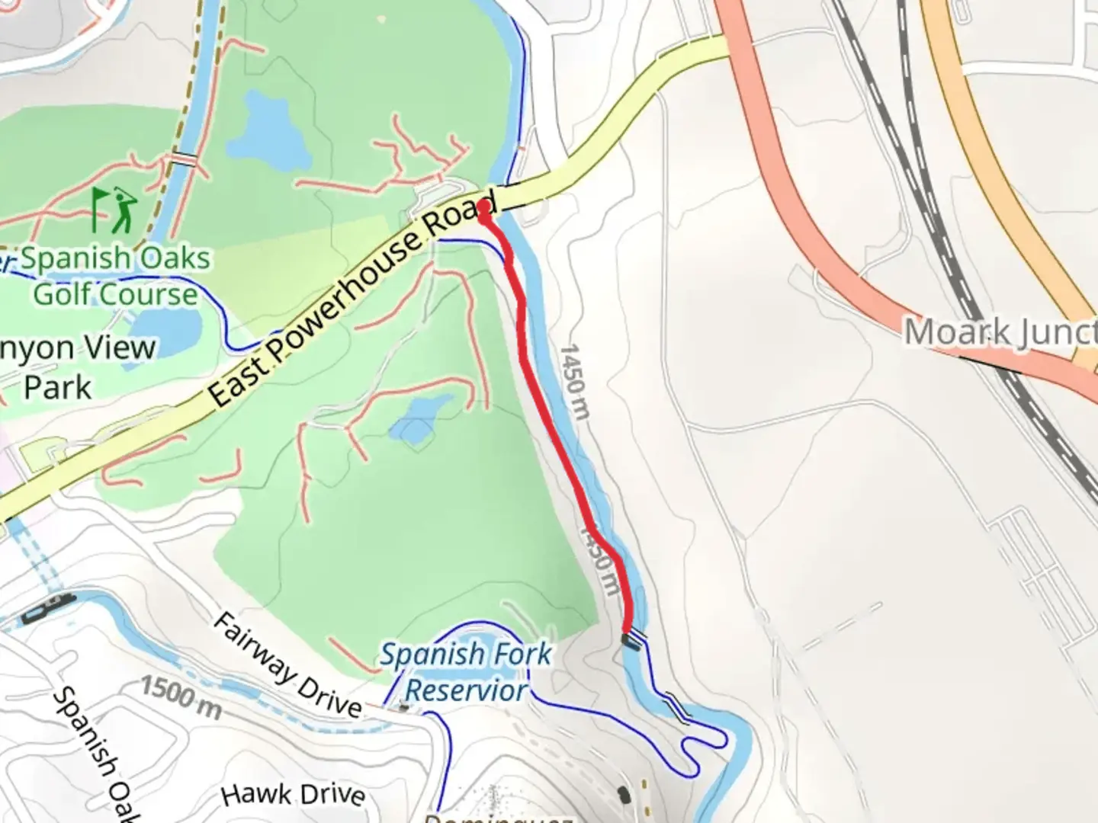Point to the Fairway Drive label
point(286,665)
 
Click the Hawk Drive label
point(293,794)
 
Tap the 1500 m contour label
point(181,697)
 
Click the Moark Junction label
point(999,332)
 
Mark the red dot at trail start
point(484,207)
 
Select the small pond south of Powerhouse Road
point(416,421)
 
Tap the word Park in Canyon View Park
point(57,387)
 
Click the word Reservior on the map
point(466,690)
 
